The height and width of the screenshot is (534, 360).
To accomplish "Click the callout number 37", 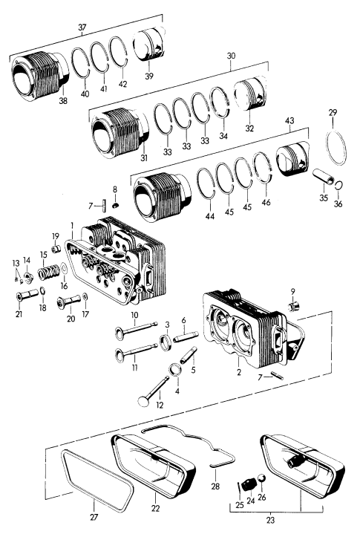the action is (82, 27).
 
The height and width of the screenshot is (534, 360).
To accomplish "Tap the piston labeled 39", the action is (148, 45).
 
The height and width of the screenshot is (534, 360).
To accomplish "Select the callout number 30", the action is (231, 56).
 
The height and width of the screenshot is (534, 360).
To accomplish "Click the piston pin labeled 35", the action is (324, 177).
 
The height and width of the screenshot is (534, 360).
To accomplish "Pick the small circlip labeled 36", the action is (338, 186).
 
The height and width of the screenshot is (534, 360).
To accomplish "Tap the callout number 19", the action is (56, 236).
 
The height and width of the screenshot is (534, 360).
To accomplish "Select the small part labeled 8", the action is (115, 205).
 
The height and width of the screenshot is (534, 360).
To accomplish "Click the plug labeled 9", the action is (293, 306).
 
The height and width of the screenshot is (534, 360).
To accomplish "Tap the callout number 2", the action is (239, 372).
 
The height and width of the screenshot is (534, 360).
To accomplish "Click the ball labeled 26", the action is (262, 478).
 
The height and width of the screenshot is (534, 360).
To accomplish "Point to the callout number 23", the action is (270, 521).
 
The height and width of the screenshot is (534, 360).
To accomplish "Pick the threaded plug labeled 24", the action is (249, 484).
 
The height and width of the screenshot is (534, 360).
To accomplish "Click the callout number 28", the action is (215, 486).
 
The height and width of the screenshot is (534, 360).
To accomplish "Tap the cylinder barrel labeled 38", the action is (40, 76).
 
